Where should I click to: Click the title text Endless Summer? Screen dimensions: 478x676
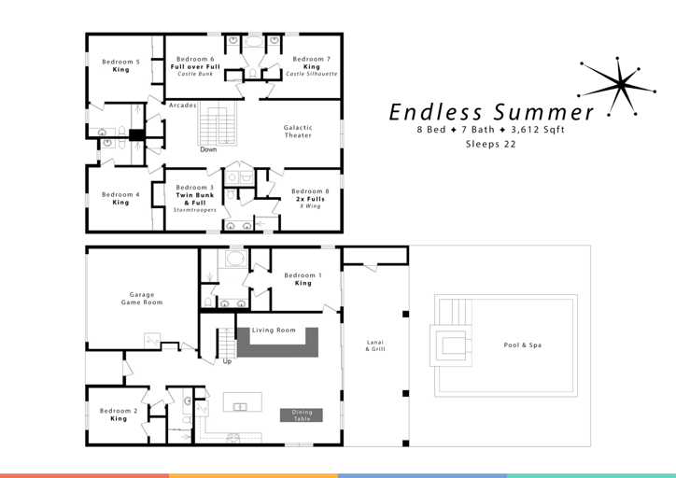[x=491, y=111]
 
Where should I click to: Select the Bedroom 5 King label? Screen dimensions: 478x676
[x=120, y=65]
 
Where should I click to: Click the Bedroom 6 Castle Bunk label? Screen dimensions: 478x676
[x=195, y=65]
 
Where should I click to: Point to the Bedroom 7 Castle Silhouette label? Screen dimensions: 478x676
[x=311, y=65]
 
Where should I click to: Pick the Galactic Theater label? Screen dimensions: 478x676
[x=298, y=132]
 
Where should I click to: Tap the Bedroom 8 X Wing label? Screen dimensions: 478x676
[x=310, y=198]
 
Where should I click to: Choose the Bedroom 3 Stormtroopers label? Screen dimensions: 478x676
[x=195, y=198]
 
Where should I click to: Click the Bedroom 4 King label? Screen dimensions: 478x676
[x=120, y=198]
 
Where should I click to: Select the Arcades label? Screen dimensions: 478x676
[x=182, y=105]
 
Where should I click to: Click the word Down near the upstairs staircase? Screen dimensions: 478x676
[x=208, y=149]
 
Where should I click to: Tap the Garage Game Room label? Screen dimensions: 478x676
[x=141, y=299]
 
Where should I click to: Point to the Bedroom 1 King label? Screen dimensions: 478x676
[x=303, y=279]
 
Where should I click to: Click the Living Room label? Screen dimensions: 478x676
[x=274, y=330]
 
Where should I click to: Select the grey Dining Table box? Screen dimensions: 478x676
[x=301, y=415]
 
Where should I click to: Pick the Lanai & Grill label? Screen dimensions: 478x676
[x=375, y=345]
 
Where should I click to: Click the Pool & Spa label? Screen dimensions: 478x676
[x=522, y=345]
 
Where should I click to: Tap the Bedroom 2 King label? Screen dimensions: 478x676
[x=119, y=415]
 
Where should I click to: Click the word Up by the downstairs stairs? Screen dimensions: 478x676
[x=226, y=361]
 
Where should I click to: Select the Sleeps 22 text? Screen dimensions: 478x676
[x=491, y=145]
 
